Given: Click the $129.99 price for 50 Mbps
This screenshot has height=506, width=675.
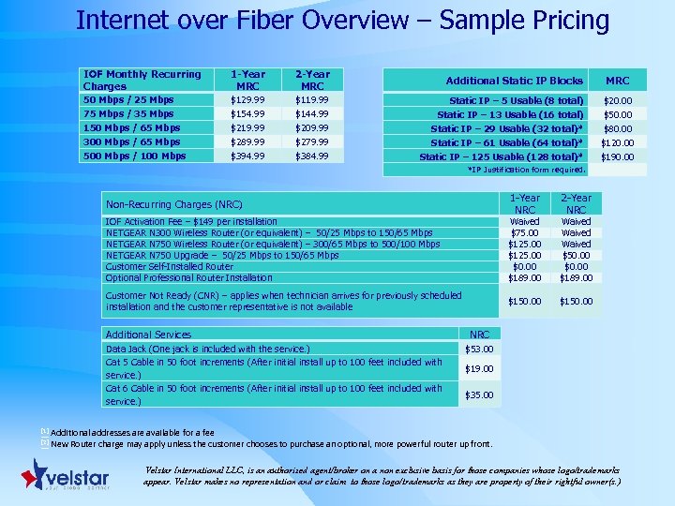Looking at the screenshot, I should point(247,99).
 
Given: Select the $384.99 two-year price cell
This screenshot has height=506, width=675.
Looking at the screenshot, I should point(312,156).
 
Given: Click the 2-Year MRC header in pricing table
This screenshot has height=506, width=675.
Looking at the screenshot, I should point(312,80).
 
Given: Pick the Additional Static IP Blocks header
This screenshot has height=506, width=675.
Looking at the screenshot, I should point(514,81).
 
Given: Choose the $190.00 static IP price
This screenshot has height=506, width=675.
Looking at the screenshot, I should point(617,156).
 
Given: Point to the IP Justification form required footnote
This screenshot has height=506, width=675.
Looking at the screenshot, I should point(526,170).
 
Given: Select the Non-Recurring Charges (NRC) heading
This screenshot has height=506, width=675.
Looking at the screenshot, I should point(174,203).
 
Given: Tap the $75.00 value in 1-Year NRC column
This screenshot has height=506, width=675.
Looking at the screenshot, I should point(524,233).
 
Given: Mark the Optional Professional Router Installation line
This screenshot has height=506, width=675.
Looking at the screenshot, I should point(188,277).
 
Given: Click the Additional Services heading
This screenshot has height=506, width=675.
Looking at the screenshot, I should point(148,335).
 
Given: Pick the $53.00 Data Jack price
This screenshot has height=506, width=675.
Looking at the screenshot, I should point(479,350).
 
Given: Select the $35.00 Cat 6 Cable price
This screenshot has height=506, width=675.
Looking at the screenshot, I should point(479,395).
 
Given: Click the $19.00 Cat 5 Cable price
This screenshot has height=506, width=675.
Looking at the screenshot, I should point(479,369).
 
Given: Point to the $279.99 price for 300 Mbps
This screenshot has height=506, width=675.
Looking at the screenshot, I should point(312,141).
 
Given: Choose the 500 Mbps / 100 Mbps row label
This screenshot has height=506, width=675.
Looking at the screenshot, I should point(134,156).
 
